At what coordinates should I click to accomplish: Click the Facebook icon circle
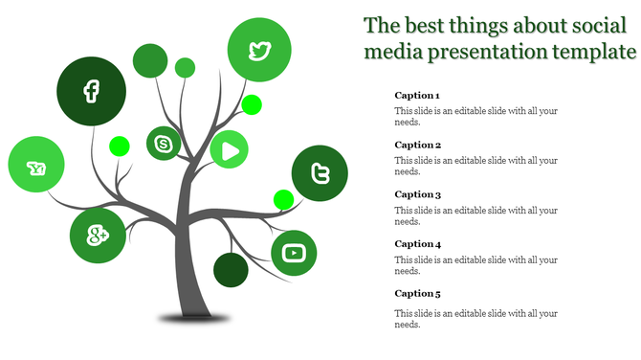pyautogui.click(x=91, y=92)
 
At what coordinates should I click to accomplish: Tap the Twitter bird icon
pyautogui.click(x=259, y=50)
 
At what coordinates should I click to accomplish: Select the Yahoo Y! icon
pyautogui.click(x=37, y=169)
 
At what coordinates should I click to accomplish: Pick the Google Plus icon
pyautogui.click(x=98, y=235)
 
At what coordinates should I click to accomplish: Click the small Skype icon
pyautogui.click(x=164, y=144)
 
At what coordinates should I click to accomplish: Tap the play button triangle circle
pyautogui.click(x=229, y=149)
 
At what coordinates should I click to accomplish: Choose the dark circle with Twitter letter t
pyautogui.click(x=320, y=173)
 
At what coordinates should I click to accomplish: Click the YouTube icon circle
pyautogui.click(x=295, y=253)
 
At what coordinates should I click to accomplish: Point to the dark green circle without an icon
pyautogui.click(x=231, y=270)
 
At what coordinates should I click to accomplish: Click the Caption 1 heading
pyautogui.click(x=417, y=96)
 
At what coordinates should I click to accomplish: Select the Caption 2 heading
pyautogui.click(x=417, y=146)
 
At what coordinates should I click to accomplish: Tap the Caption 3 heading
pyautogui.click(x=417, y=194)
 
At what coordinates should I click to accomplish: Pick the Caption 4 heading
pyautogui.click(x=417, y=244)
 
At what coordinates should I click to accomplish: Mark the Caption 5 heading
pyautogui.click(x=417, y=294)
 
